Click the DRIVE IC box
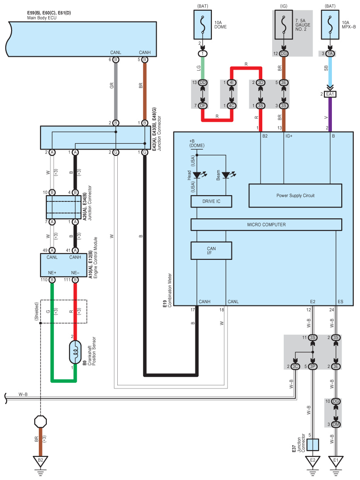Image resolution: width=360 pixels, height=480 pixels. click(211, 201)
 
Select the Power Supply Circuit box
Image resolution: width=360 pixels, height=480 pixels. click(295, 196)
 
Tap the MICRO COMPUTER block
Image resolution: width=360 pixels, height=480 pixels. click(266, 225)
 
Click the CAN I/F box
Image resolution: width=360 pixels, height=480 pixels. click(211, 250)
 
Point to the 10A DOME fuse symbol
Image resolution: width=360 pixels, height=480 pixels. click(203, 25)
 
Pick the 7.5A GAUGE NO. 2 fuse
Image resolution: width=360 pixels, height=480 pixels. click(284, 25)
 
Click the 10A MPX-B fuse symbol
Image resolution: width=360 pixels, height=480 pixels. click(330, 25)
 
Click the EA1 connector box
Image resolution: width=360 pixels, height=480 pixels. click(330, 94)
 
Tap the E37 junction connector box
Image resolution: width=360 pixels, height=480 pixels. click(313, 444)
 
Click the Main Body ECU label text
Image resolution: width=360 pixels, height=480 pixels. click(41, 18)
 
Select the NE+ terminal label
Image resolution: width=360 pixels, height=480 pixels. click(52, 272)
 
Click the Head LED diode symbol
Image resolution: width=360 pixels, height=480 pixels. click(197, 175)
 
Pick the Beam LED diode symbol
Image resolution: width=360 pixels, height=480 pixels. click(226, 175)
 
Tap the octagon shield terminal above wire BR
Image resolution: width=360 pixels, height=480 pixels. click(41, 422)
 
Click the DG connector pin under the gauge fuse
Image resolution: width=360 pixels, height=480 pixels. click(284, 54)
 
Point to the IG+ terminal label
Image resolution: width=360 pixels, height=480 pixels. click(289, 136)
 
